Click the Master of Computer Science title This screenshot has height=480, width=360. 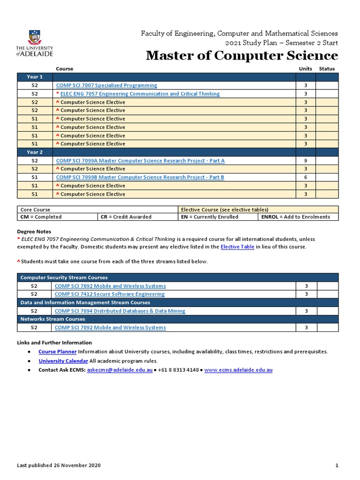241,56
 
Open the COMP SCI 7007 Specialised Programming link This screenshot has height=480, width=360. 106,85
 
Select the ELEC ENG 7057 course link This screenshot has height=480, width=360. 140,94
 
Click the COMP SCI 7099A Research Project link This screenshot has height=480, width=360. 140,161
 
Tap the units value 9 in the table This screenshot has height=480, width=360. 305,161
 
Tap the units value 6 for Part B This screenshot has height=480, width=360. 305,177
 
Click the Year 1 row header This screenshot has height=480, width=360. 35,77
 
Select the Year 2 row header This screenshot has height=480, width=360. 35,152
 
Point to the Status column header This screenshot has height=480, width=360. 327,69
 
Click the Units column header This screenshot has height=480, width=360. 305,69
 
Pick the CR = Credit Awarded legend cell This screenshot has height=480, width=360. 125,217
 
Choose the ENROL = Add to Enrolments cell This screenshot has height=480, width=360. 295,217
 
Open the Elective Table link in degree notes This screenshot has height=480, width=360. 237,247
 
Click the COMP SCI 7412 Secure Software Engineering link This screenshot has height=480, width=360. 110,294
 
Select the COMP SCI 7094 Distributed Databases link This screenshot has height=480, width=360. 120,311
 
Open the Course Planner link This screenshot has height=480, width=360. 57,352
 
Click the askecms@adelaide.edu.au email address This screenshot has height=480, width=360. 120,370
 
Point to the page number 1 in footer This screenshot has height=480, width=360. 337,465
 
